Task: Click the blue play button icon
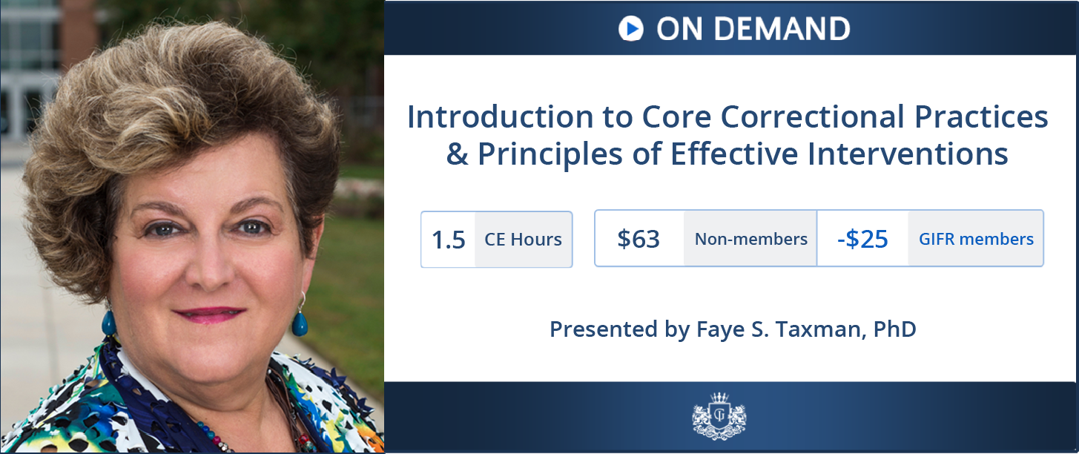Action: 630,28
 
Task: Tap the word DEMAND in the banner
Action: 782,29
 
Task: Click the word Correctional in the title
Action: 812,116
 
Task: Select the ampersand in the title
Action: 457,154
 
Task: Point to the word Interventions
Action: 908,154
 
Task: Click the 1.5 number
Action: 449,240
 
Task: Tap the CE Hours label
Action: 523,240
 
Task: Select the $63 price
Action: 639,239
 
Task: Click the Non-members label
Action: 751,239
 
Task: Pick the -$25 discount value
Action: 862,239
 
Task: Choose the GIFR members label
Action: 976,239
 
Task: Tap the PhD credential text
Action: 895,329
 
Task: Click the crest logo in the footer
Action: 719,416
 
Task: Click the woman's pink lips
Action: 211,315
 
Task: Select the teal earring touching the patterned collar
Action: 109,322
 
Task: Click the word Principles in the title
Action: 550,154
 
